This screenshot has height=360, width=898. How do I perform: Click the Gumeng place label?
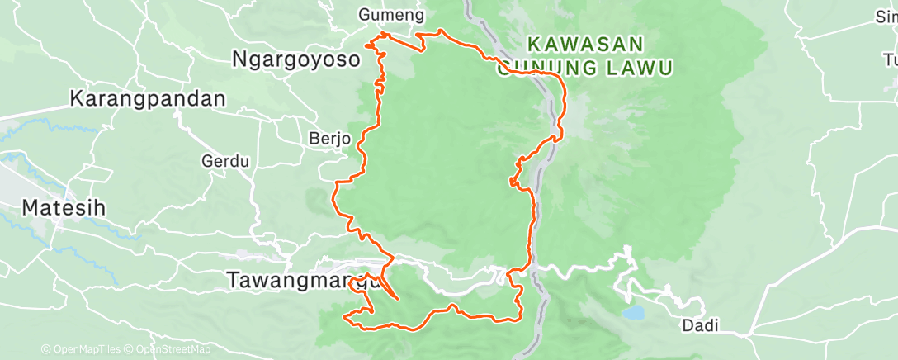392,15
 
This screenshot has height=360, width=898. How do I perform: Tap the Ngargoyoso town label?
296,59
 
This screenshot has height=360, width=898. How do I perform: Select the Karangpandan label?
148,98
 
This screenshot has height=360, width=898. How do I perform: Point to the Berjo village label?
330,137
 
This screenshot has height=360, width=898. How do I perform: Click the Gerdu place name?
225,161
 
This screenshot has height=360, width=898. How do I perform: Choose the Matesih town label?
64,207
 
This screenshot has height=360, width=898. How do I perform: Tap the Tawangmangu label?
301,280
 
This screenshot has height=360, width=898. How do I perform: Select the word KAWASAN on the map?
585,42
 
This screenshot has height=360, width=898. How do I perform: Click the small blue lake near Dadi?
635,314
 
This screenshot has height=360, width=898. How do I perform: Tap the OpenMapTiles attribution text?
82,349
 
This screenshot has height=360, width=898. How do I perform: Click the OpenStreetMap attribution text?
168,349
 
